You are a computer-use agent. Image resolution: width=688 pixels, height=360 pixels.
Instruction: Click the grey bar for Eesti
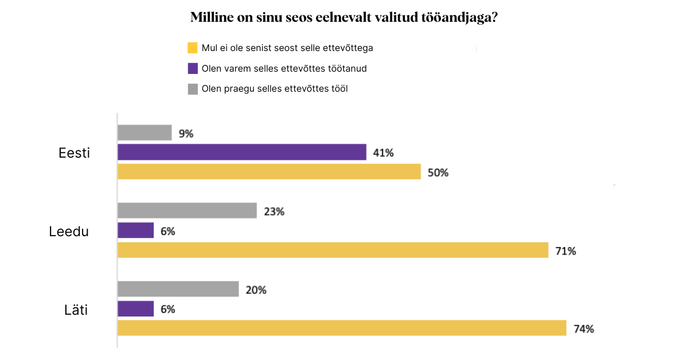click(144, 132)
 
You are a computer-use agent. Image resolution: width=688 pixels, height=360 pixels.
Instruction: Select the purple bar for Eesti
click(242, 152)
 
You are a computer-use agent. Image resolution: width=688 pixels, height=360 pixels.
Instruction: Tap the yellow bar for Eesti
click(269, 171)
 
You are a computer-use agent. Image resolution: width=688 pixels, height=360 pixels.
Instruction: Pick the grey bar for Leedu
click(187, 210)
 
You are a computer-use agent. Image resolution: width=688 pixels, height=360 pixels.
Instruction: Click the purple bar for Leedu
click(136, 230)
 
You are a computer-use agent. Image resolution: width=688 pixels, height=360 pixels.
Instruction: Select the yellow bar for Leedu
click(333, 250)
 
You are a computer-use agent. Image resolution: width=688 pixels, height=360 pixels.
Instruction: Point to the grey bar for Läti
click(178, 289)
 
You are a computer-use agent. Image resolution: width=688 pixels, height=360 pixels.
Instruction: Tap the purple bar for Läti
click(136, 308)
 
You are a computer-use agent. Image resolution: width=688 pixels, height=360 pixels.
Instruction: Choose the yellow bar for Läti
click(342, 328)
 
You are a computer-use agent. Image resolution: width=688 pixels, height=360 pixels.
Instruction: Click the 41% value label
click(384, 153)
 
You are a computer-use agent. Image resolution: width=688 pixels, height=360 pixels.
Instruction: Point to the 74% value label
click(584, 329)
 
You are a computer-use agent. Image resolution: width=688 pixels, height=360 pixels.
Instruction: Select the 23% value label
click(274, 212)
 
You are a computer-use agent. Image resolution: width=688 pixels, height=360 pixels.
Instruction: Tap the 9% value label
click(186, 134)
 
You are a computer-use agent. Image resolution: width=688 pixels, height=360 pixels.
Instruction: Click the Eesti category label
click(75, 153)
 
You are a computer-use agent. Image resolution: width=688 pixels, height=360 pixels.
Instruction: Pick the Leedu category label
click(69, 232)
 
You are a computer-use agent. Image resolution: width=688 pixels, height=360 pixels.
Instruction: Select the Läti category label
click(76, 311)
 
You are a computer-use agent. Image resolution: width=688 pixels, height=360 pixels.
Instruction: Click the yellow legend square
click(193, 48)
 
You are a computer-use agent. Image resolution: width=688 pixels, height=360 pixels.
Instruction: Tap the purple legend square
click(193, 68)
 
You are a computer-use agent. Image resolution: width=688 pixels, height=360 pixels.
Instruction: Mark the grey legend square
click(193, 89)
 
